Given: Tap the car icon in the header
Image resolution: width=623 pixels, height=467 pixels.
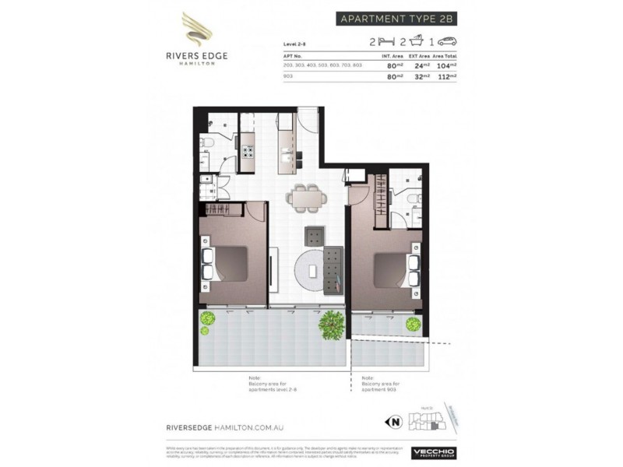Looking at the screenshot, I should (x=447, y=41).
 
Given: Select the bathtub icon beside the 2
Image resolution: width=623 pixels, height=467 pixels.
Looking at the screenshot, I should (x=417, y=40).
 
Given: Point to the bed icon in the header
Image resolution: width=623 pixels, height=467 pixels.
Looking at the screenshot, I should (x=384, y=41).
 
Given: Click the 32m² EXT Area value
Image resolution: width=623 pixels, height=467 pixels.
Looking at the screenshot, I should (x=421, y=77).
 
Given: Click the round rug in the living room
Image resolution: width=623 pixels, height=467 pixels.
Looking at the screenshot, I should (x=314, y=270).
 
